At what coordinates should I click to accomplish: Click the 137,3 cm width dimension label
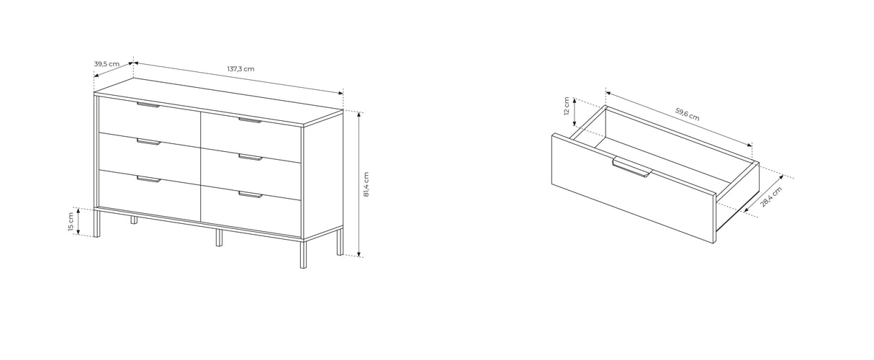(x=241, y=69)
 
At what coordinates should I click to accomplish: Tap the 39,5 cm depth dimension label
(x=107, y=64)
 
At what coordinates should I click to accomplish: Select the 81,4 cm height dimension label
(x=366, y=184)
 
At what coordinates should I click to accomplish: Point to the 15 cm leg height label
(x=71, y=222)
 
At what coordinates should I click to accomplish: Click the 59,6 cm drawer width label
(x=687, y=114)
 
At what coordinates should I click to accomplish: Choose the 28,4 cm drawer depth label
(x=770, y=197)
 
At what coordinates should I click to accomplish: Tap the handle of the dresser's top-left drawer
(x=148, y=105)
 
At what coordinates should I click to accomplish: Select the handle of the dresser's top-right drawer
(x=250, y=120)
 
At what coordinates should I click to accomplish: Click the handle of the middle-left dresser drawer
(x=148, y=143)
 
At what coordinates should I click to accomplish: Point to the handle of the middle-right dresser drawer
(x=250, y=157)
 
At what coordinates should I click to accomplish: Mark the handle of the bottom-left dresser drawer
(x=148, y=179)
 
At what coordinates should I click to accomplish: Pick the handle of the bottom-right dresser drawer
(x=250, y=194)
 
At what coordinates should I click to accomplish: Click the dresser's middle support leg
(x=219, y=238)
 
